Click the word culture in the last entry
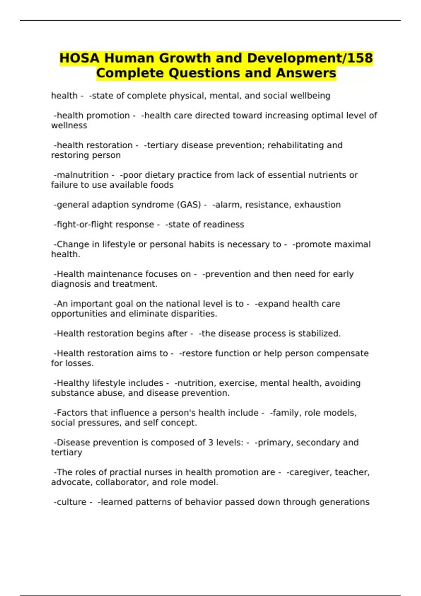[71, 502]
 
